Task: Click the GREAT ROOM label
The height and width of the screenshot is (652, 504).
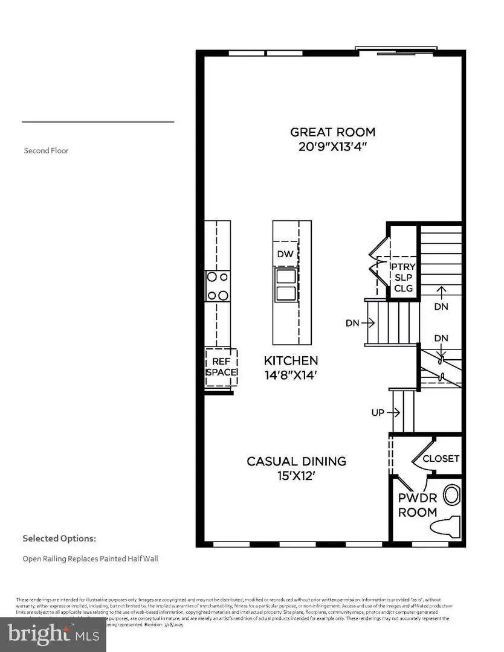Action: point(332,132)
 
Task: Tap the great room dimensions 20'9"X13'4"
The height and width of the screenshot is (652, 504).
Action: point(332,147)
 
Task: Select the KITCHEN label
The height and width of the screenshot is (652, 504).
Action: point(291,360)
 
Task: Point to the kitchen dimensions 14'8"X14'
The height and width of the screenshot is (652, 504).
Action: point(291,374)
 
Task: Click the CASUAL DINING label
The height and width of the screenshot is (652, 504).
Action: point(296,461)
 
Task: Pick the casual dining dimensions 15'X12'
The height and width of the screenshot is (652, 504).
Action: point(296,475)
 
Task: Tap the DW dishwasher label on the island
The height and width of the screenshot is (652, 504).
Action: point(285,254)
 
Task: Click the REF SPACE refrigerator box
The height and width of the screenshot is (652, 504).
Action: point(221,366)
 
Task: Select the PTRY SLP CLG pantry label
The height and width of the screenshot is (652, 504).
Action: point(402,277)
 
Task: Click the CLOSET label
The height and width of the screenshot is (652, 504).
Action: point(441,459)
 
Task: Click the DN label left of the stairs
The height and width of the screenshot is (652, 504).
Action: point(353,323)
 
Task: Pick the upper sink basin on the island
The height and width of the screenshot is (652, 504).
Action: point(285,276)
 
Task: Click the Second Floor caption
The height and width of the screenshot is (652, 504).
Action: point(46,150)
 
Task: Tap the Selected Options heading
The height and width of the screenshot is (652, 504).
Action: point(59,538)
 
